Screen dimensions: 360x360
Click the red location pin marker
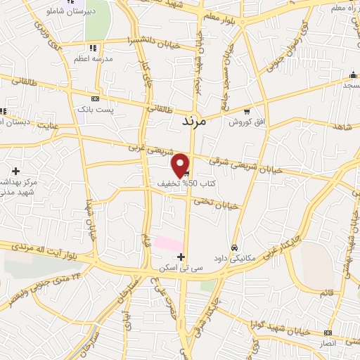tap(181, 165)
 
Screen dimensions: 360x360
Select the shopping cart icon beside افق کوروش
tap(246, 111)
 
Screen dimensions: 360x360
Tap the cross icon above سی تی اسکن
tap(182, 257)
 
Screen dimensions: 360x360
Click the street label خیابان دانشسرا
tap(149, 40)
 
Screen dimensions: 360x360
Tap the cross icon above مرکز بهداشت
tap(15, 170)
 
